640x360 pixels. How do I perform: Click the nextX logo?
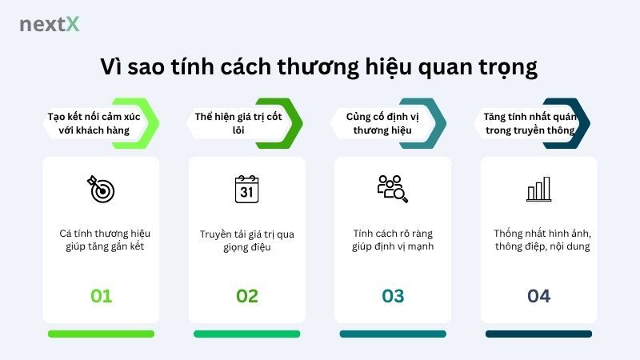point(50,24)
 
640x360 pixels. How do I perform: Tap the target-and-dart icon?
point(101,189)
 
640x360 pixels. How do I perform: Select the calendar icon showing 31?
point(246,189)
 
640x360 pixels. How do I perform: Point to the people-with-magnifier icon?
point(392,189)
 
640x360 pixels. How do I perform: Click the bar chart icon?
point(538,189)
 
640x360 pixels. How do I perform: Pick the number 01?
point(101,296)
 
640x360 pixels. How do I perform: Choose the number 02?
point(246,296)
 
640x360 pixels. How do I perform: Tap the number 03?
point(392,296)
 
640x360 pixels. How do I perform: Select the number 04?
point(538,296)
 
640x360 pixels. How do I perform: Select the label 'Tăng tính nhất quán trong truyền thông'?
point(530,123)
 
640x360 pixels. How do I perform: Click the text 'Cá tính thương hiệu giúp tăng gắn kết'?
point(101,240)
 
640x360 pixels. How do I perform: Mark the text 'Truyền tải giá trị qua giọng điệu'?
point(246,240)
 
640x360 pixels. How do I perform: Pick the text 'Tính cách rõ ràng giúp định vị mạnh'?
point(392,240)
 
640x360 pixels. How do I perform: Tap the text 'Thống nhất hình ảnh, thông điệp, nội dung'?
point(538,240)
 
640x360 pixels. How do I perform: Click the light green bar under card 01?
point(101,334)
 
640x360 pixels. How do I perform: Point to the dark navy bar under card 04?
point(538,334)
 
